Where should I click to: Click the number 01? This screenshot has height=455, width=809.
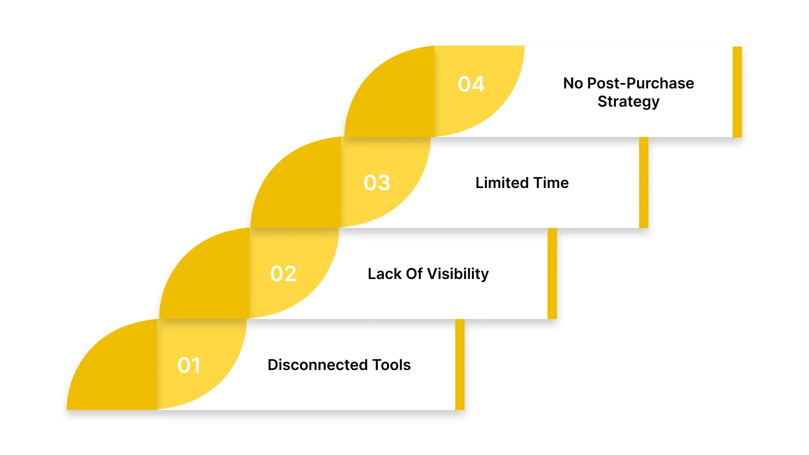click(189, 365)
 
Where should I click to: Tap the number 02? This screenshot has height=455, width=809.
click(283, 274)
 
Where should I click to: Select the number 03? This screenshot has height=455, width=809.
click(377, 183)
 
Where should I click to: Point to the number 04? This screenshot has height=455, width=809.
click(471, 84)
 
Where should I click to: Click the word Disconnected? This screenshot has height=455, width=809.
click(318, 365)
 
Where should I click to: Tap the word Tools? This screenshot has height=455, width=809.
click(391, 365)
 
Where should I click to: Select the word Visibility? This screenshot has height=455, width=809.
click(458, 274)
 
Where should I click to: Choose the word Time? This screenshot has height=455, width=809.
click(551, 183)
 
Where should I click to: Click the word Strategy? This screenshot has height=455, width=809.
click(628, 102)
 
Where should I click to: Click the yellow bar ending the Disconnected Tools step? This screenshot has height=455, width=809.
click(460, 364)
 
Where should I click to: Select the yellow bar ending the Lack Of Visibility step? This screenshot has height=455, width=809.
click(552, 273)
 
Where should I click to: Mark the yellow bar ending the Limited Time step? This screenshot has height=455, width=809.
click(644, 182)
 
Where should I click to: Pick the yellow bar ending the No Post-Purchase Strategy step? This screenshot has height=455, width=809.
click(737, 92)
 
